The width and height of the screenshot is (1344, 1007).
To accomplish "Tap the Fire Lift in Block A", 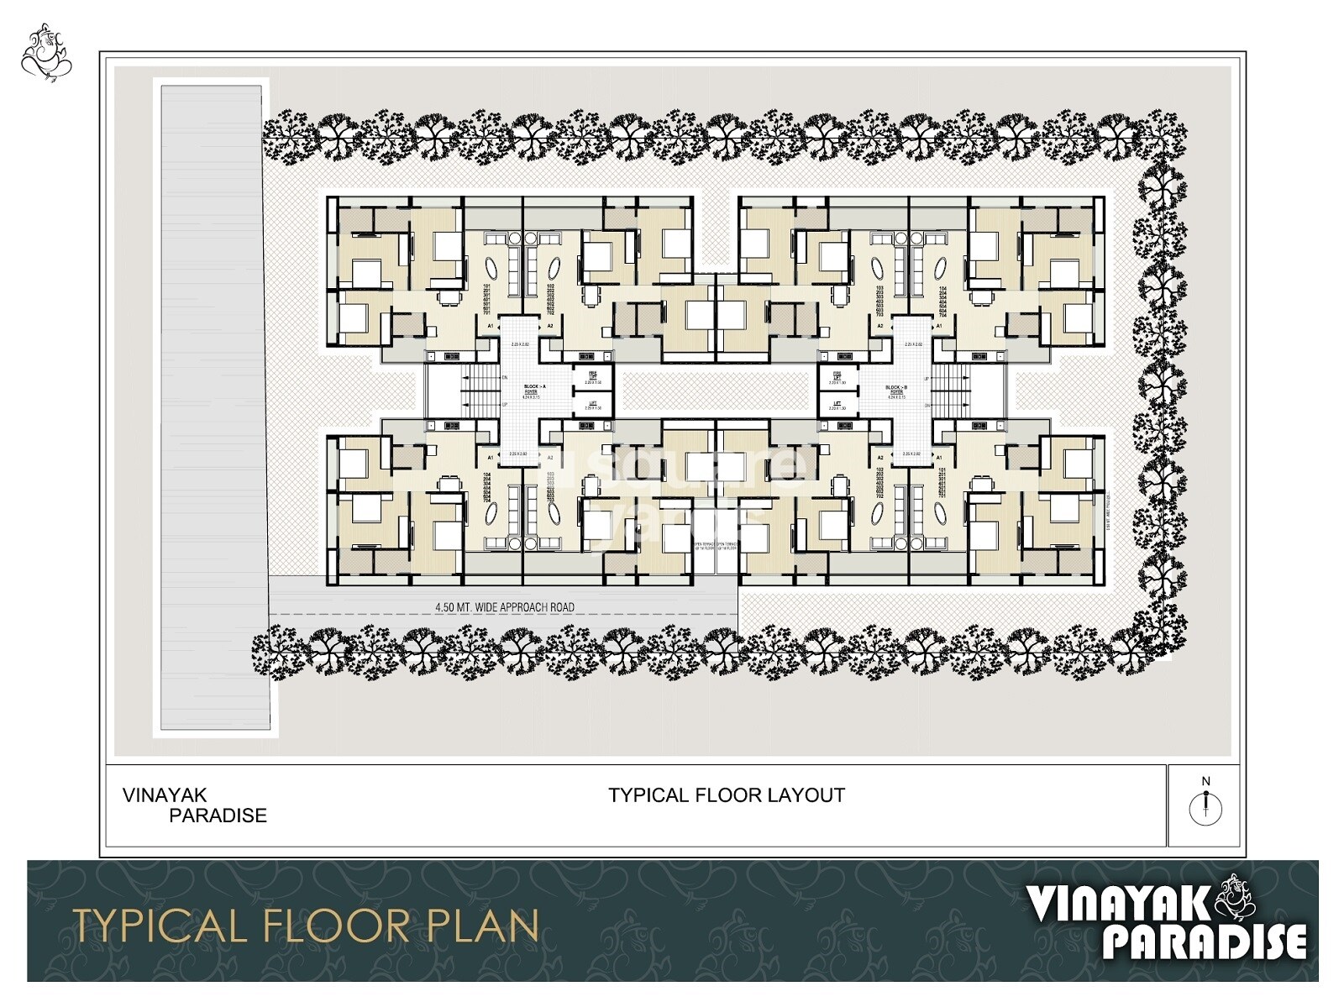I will [x=592, y=376].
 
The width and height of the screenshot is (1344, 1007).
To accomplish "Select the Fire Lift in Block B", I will [x=837, y=377].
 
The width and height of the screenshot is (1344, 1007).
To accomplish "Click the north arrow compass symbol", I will [x=1205, y=808].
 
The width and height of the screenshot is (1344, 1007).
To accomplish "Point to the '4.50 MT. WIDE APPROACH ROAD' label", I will [x=504, y=606].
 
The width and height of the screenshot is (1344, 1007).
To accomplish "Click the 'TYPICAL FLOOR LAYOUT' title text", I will [x=727, y=795].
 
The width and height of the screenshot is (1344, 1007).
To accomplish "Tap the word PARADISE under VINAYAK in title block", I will [x=218, y=816].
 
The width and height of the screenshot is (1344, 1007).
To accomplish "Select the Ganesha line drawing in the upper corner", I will [x=46, y=54].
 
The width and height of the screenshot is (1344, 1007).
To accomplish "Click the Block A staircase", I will [x=483, y=391].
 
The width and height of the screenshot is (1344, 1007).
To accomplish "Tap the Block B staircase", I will [x=947, y=391].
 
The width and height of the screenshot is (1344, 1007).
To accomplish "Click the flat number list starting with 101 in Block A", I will [x=486, y=299].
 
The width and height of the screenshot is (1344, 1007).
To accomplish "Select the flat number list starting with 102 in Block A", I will [x=551, y=299].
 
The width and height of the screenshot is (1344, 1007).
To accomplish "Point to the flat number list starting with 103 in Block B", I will [x=879, y=299].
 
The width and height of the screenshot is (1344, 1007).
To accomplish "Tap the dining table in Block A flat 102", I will [x=592, y=295].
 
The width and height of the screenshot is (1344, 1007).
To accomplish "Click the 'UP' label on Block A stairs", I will [x=505, y=405].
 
